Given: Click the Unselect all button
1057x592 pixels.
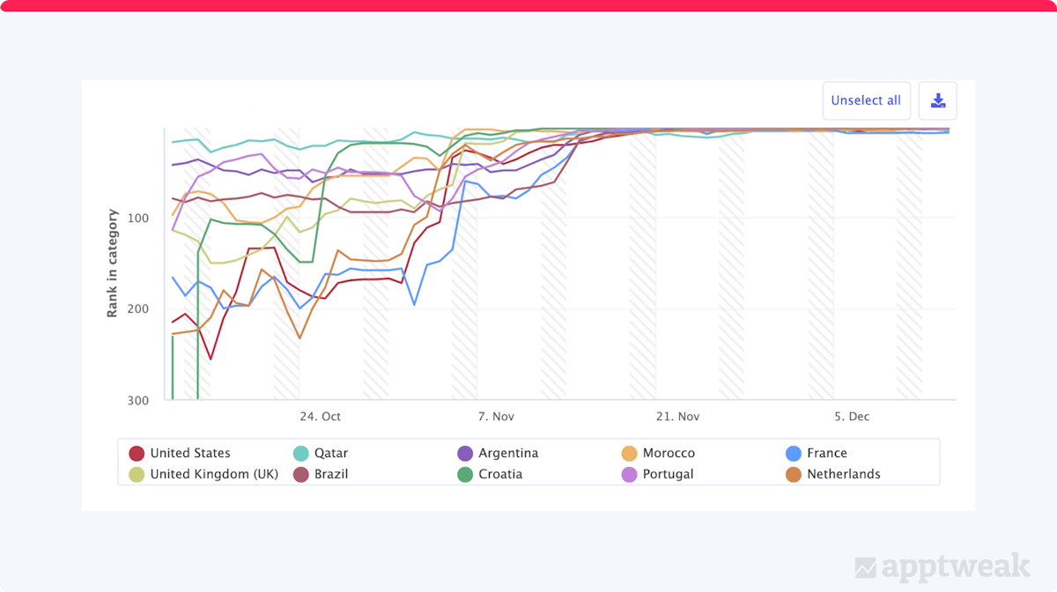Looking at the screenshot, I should click(866, 100).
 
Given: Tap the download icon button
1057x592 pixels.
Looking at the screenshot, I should click(938, 100).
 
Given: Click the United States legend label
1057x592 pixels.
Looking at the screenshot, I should click(189, 453).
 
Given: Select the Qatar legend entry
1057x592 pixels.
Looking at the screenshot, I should click(330, 453).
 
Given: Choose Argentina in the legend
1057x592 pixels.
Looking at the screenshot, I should click(507, 453).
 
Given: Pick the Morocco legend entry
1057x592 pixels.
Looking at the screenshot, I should click(668, 453).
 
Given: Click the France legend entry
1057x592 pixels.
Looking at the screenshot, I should click(826, 453).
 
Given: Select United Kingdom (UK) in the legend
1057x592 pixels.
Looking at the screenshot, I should click(214, 474).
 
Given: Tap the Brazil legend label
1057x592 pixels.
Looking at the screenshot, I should click(330, 474).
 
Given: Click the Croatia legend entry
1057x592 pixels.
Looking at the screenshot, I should click(499, 474).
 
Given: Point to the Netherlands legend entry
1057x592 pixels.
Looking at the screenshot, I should click(843, 474).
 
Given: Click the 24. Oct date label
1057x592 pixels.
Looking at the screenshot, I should click(320, 417).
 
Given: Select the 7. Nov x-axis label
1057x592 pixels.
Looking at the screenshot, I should click(496, 417).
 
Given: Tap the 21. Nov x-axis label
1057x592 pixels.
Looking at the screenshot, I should click(676, 417).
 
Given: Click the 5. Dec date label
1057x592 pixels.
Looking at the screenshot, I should click(852, 417).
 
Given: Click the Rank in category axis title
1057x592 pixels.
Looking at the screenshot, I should click(113, 263).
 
